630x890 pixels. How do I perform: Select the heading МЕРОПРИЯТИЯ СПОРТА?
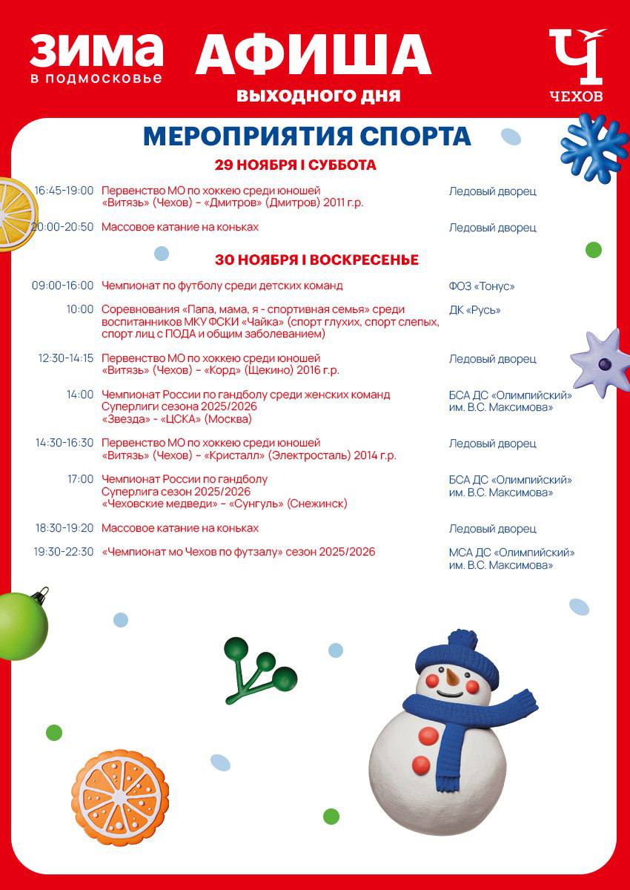307,136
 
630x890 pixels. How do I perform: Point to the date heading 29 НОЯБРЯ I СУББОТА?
296,165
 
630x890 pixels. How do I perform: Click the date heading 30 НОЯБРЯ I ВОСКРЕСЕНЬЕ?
316,260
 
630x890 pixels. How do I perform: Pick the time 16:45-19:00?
64,191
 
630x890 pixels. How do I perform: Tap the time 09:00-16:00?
63,286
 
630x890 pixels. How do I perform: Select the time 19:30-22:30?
63,552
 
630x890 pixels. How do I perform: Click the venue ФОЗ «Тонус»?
481,286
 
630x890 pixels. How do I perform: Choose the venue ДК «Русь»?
474,310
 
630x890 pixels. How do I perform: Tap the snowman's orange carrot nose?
450,677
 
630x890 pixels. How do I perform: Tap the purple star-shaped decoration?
601,363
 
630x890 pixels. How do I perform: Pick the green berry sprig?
259,669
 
